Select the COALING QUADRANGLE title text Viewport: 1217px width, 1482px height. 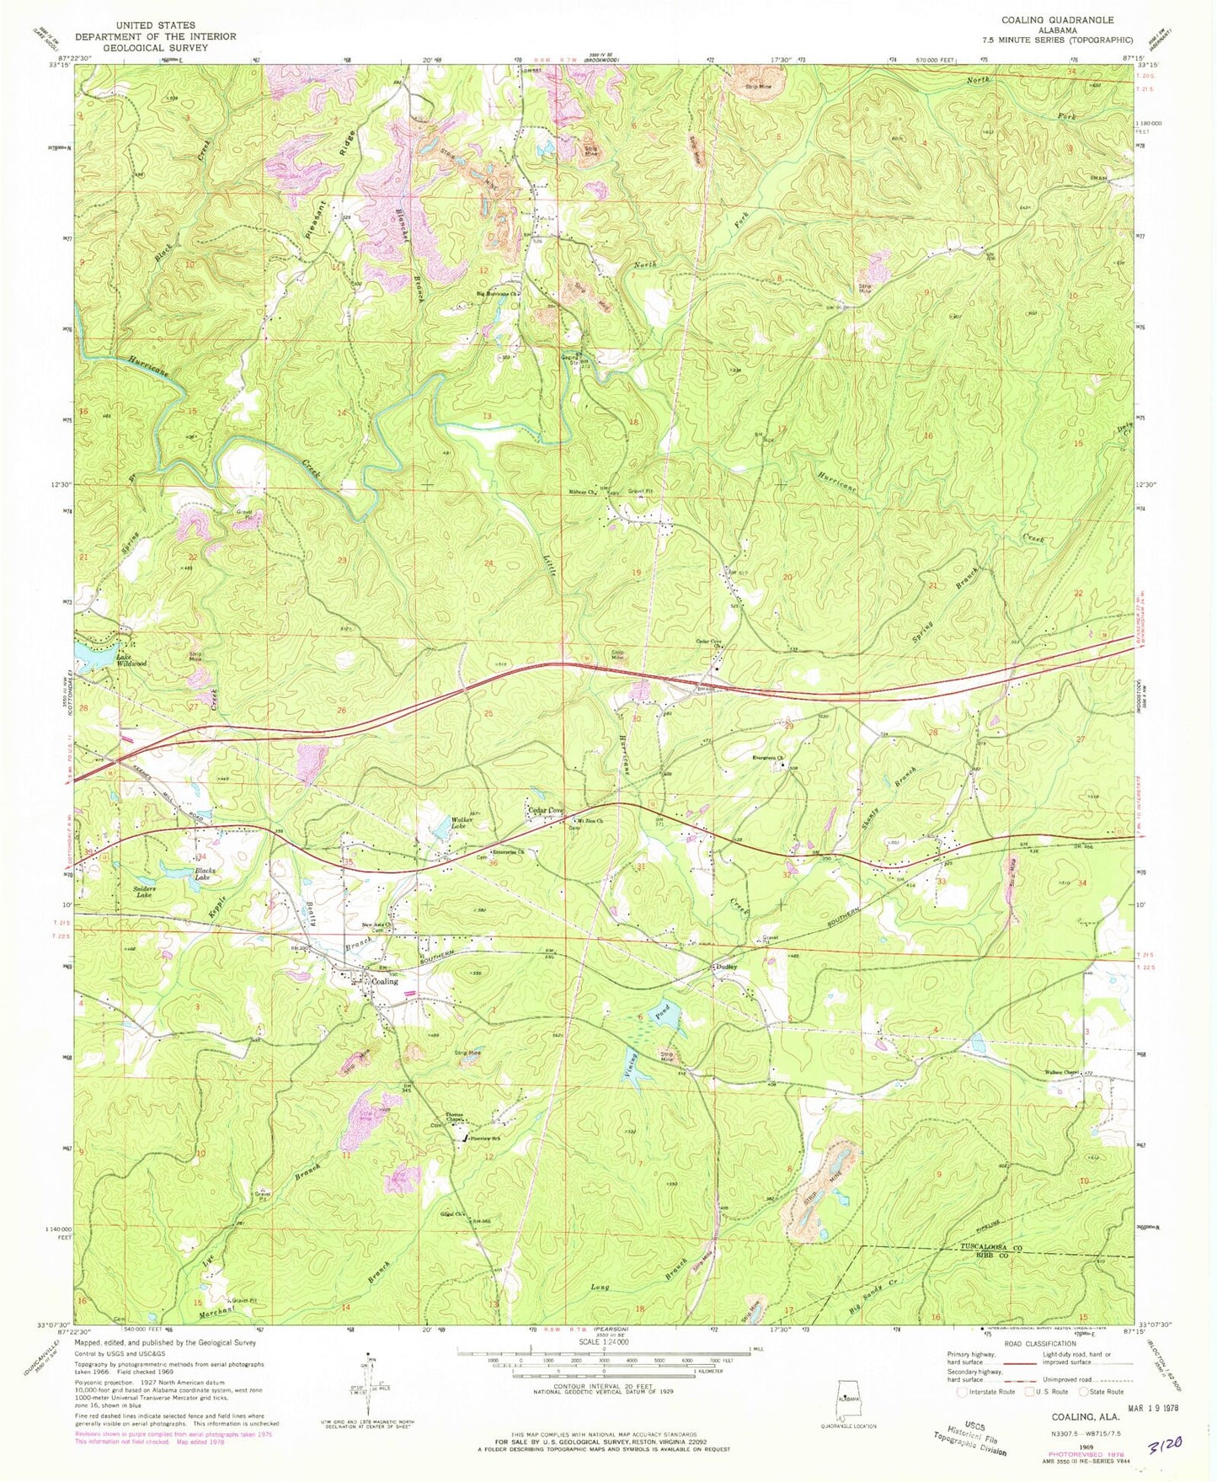(1057, 20)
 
